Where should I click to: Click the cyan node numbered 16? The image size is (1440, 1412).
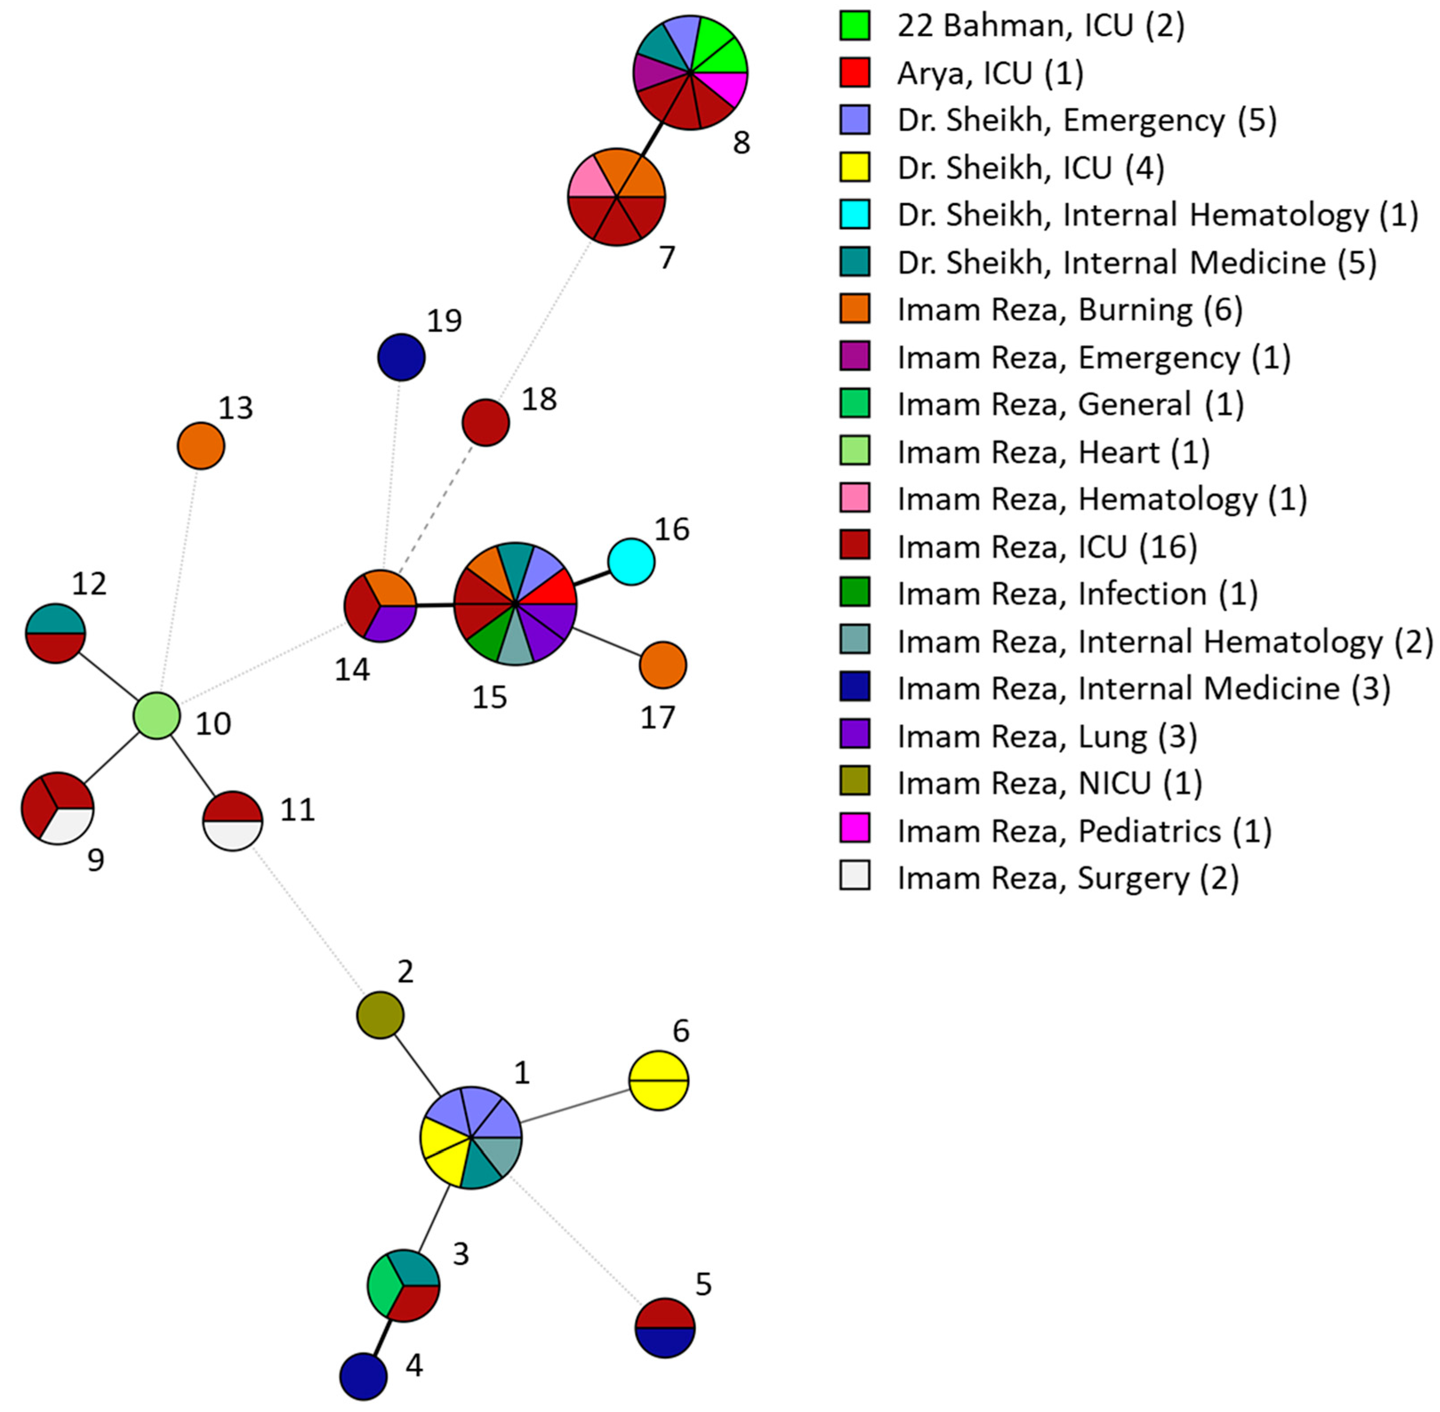[631, 561]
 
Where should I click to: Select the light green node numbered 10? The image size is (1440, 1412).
[156, 715]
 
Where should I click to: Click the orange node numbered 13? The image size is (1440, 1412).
[201, 446]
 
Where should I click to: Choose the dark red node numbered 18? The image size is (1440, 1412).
[485, 422]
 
